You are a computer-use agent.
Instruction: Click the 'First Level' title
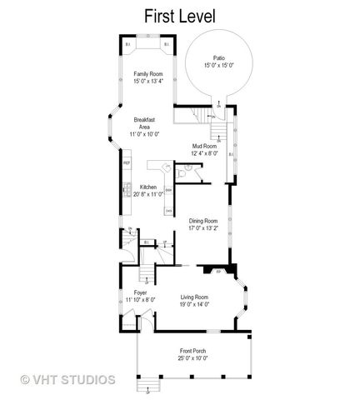point(179,15)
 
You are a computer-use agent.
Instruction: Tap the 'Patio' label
point(220,57)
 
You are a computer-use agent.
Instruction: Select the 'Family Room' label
point(147,73)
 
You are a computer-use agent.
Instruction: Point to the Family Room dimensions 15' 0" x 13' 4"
point(147,81)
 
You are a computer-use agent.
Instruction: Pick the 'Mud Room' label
point(204,146)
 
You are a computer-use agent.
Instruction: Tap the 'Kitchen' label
point(148,187)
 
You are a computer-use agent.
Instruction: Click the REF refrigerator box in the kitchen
point(127,163)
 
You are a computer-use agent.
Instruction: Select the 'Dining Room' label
point(203,219)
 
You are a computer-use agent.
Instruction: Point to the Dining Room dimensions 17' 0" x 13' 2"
point(203,227)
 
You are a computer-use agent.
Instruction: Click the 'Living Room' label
point(194,297)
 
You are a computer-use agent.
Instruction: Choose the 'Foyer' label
point(141,292)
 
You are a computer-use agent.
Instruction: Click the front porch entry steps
point(149,386)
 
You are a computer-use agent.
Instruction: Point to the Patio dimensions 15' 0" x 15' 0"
point(220,64)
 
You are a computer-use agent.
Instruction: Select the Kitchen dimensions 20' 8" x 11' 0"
point(148,194)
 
